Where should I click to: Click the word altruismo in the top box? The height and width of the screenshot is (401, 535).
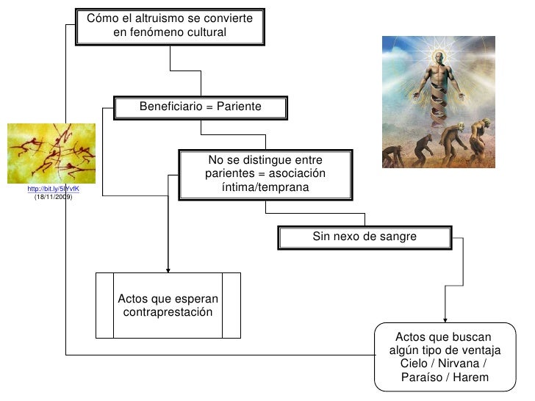click(x=158, y=18)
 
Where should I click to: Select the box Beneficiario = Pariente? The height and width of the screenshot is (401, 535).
click(x=200, y=108)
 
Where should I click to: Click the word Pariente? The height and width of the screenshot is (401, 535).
click(x=239, y=107)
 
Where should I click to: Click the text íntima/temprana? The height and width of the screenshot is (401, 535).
click(x=265, y=188)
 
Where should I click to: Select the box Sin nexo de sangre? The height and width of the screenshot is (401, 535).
click(x=364, y=237)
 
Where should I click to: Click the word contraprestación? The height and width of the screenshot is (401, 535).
click(x=168, y=313)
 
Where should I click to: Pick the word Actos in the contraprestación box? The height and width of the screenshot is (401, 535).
click(x=133, y=299)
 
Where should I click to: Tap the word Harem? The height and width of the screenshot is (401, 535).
click(x=470, y=378)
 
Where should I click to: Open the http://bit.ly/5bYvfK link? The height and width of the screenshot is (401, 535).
click(x=52, y=189)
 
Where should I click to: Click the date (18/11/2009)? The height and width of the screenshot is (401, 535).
click(x=53, y=198)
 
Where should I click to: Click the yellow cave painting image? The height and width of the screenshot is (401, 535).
click(x=51, y=153)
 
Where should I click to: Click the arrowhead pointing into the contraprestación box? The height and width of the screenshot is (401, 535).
click(x=168, y=268)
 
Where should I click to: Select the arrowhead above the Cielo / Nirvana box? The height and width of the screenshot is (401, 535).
click(x=445, y=318)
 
